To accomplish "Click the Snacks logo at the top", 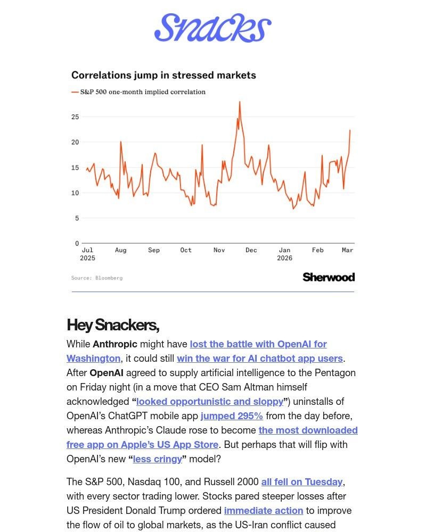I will (x=213, y=28).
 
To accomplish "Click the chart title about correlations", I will (x=163, y=75).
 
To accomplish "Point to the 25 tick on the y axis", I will (x=75, y=117).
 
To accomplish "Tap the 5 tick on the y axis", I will (x=77, y=218).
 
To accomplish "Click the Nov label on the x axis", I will (x=219, y=250).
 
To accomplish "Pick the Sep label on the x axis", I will (x=154, y=250).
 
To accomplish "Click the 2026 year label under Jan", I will (x=284, y=258).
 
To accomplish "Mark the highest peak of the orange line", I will (x=240, y=102).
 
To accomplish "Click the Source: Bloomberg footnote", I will (x=97, y=278).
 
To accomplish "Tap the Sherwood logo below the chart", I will (x=329, y=277).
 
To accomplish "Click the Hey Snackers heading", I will (x=113, y=325).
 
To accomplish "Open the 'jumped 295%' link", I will (x=232, y=415).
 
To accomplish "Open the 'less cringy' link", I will (x=157, y=459).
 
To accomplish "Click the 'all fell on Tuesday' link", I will (x=301, y=481).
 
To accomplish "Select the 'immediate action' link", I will (x=264, y=510).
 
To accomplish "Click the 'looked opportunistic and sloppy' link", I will (x=210, y=401).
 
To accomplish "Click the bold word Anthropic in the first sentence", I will (x=115, y=344).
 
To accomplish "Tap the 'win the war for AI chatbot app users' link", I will (x=260, y=359).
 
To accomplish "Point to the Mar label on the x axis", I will (x=347, y=250).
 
